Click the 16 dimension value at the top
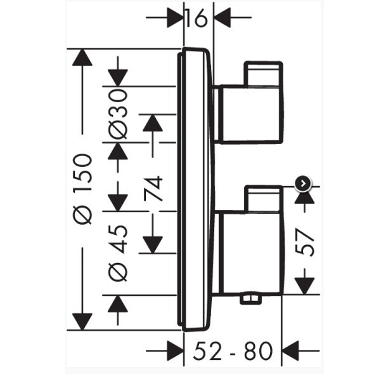195,18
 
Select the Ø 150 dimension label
82,189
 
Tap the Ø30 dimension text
118,114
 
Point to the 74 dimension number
153,189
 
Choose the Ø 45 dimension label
118,253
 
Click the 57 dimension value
304,243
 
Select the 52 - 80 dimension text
233,351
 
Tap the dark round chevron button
303,184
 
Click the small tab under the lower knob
250,299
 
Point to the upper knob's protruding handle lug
263,74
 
